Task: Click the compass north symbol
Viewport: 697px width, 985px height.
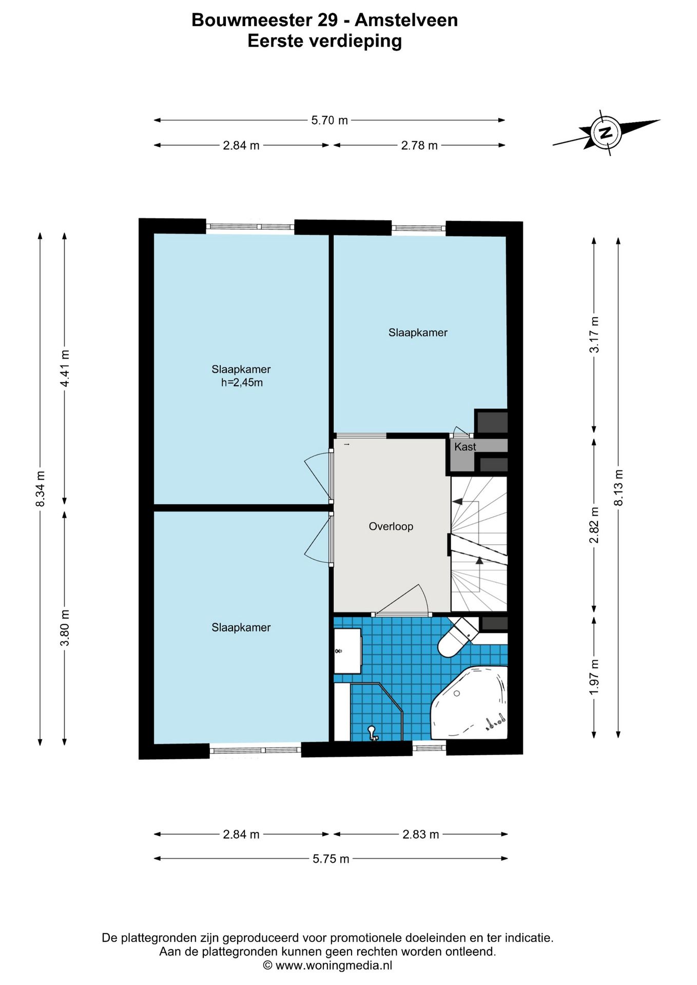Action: click(x=606, y=132)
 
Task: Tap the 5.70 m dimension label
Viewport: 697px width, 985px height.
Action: click(x=330, y=120)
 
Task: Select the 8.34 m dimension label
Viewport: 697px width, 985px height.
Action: click(x=40, y=488)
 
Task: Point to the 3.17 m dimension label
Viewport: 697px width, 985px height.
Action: click(x=594, y=334)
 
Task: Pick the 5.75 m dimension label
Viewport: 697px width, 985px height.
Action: click(x=331, y=859)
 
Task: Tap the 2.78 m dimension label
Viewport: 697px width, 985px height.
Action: click(x=419, y=145)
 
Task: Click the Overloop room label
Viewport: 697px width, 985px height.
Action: click(x=391, y=526)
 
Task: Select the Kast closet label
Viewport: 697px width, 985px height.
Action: click(x=465, y=447)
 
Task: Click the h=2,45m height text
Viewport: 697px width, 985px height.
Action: click(x=242, y=383)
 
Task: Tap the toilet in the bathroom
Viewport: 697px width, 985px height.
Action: click(x=457, y=637)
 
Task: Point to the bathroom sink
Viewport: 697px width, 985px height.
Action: click(x=347, y=651)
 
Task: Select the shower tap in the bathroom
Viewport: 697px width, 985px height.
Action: click(x=373, y=733)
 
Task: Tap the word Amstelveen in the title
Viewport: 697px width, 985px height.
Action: click(x=406, y=20)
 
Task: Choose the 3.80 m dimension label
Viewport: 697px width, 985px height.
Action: click(x=65, y=628)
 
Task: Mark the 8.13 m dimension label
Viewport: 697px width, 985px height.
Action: click(x=618, y=487)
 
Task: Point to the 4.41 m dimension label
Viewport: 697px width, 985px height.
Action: click(x=65, y=368)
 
